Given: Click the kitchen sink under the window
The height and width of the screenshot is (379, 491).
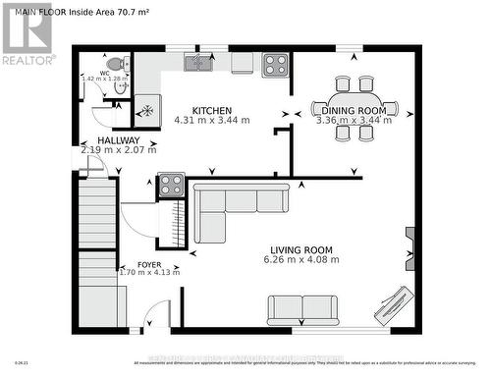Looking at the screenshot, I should coord(198,64).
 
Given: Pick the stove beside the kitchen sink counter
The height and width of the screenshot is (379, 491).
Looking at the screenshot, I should coord(275,65).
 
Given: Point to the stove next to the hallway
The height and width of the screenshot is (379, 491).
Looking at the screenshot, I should coord(170,185).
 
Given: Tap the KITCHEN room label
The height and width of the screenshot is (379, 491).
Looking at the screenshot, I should coord(211,110).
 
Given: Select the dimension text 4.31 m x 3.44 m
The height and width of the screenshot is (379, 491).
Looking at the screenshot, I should coord(211,121).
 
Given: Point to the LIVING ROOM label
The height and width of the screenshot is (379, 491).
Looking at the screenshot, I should coord(303,249).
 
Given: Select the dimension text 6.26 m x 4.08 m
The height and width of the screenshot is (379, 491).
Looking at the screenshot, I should coord(303,260).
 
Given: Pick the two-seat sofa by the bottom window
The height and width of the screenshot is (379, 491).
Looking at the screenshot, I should coord(302,309).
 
